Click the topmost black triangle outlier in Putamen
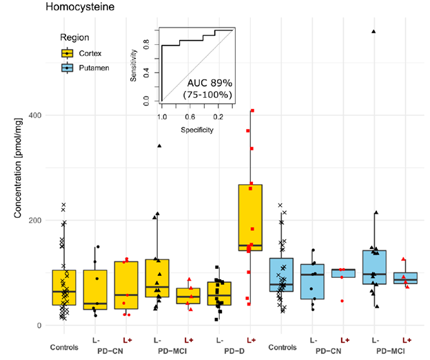click(x=374, y=32)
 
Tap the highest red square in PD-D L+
click(x=253, y=111)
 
